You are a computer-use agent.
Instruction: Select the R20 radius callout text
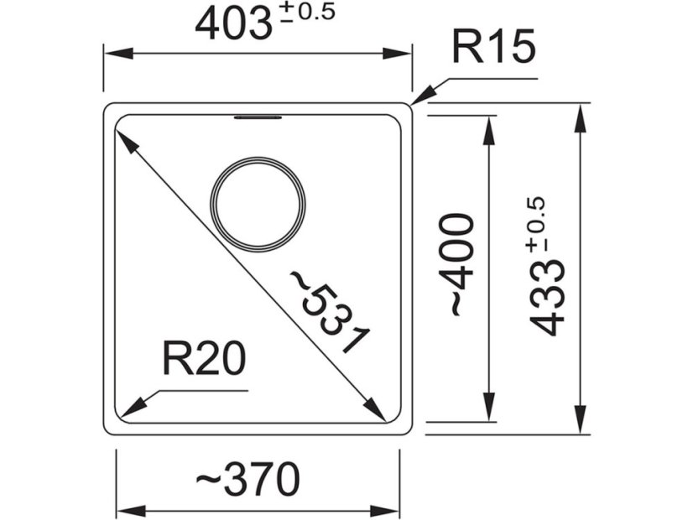(x=204, y=360)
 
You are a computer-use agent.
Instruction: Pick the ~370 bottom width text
(x=247, y=481)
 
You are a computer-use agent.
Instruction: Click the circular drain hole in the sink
(x=258, y=204)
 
